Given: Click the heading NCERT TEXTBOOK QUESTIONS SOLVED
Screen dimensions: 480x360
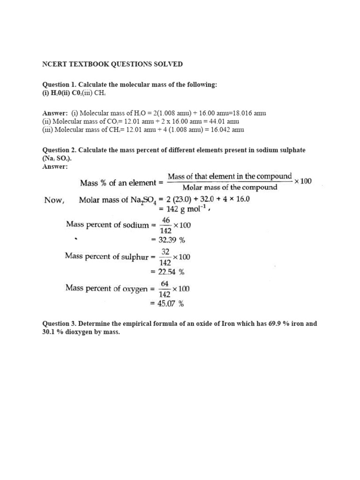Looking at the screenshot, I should pos(112,64).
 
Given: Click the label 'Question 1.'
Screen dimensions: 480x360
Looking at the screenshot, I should pos(60,84).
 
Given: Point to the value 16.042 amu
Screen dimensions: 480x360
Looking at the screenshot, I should pos(227,130).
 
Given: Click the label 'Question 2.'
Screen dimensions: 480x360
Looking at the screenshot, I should pos(60,150).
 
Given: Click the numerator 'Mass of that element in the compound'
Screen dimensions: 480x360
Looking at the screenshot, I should pos(230,176).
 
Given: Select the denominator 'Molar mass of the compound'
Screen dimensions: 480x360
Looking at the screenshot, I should pos(230,187).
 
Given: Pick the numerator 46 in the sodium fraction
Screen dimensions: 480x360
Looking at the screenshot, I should pos(165,220).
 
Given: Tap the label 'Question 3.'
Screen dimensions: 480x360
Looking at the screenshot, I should pos(60,324).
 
